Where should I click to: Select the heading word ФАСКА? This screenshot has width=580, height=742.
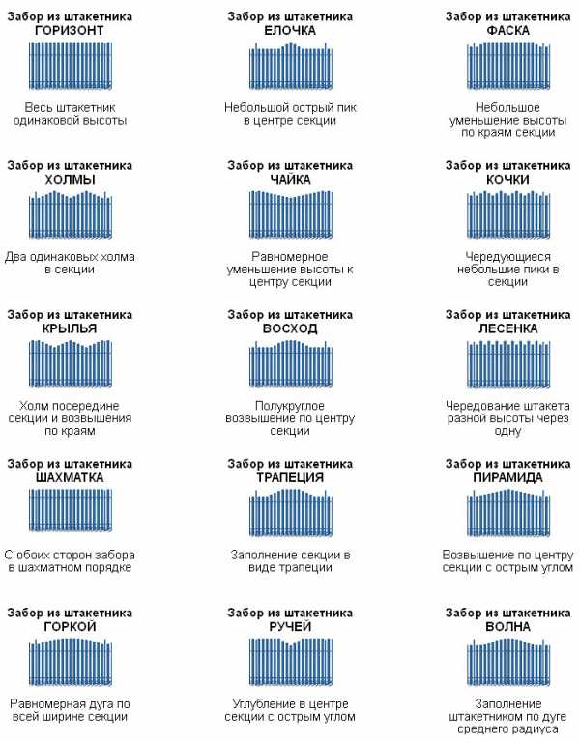(507, 30)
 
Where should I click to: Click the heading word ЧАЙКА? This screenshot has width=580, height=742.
(290, 180)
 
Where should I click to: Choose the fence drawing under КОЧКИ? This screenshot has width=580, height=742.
(507, 214)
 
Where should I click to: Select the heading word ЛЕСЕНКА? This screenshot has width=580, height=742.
(507, 328)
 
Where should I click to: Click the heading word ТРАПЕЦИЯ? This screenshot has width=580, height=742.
(290, 477)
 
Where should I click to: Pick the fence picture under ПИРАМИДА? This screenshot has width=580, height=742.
(507, 512)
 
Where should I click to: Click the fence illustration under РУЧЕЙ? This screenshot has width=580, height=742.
(290, 662)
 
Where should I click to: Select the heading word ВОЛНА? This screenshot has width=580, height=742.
(507, 626)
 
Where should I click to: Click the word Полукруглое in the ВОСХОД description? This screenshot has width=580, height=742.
(290, 406)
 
